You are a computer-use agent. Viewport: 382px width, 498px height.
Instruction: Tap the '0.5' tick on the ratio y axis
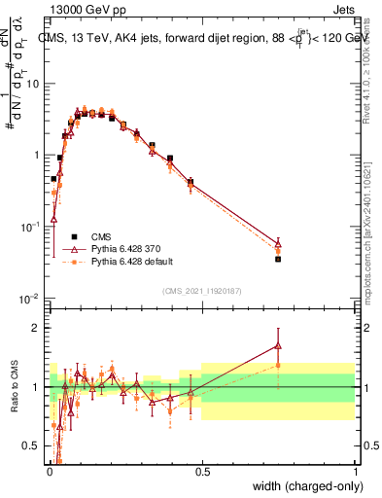tap(30, 446)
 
